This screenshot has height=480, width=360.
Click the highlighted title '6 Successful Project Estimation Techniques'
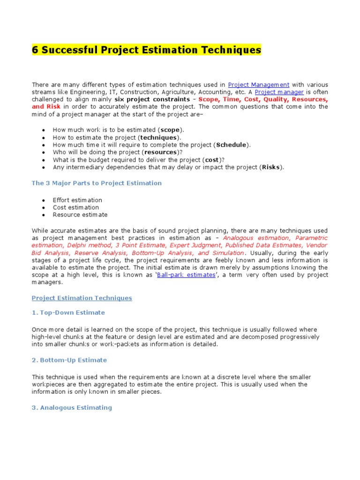(x=146, y=50)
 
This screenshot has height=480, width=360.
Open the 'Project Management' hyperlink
(x=258, y=84)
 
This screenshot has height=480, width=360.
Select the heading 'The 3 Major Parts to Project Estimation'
(x=97, y=183)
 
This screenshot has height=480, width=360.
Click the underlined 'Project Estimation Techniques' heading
(x=82, y=298)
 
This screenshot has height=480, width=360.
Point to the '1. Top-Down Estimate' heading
(x=68, y=312)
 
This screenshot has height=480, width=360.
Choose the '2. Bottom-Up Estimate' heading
(x=69, y=360)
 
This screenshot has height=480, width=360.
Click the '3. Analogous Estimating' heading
(x=72, y=407)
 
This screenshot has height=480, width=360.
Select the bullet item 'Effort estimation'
(x=77, y=200)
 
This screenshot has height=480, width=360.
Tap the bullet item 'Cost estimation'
(x=76, y=207)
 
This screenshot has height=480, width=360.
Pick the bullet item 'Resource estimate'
(x=80, y=215)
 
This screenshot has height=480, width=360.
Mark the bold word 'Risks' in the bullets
(x=271, y=167)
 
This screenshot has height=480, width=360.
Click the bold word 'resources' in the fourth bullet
(x=160, y=152)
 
